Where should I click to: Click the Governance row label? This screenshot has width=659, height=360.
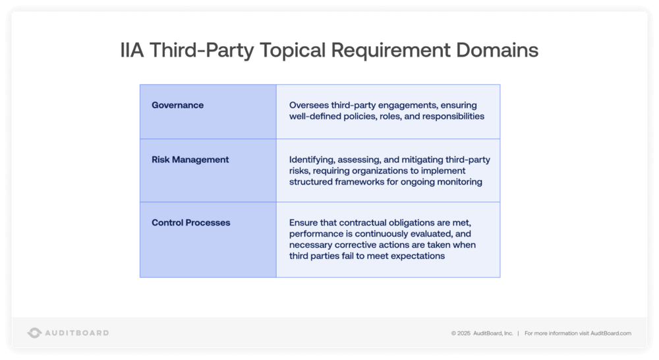point(177,105)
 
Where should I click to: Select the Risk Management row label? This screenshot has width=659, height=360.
point(190,160)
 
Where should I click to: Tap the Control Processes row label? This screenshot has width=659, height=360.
point(191,223)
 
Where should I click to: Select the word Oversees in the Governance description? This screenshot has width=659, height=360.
point(308,105)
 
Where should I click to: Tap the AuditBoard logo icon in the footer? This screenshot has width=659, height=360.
point(34,333)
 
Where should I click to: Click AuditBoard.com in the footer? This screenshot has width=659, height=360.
point(611,334)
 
